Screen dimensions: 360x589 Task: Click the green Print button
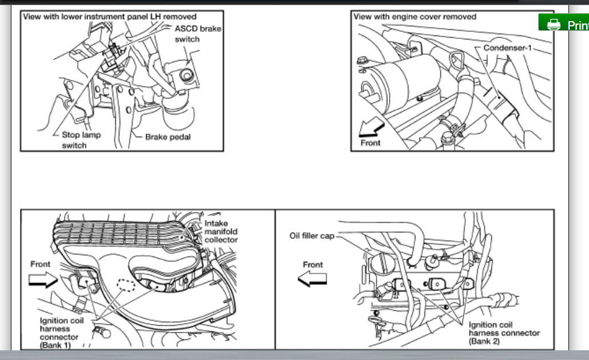coord(563,25)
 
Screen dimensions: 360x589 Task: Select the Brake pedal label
coord(167,137)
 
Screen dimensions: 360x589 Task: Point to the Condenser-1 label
coord(507,47)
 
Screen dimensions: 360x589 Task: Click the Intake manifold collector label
coord(221,231)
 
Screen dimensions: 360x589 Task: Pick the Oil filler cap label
coord(311,235)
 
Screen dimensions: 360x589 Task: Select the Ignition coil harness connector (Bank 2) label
coord(503,333)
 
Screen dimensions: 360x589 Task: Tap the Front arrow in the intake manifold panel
coord(43,279)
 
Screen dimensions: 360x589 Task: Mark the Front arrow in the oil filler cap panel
coord(312,278)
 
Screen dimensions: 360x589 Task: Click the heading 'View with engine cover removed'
coord(414,17)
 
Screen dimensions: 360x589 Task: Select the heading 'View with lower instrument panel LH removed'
coord(109,17)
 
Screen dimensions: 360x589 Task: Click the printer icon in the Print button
coord(552,25)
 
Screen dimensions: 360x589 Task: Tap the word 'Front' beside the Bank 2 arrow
coord(312,265)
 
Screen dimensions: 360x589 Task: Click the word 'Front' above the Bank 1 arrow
coord(40,264)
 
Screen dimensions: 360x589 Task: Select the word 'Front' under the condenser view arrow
coord(370,143)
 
